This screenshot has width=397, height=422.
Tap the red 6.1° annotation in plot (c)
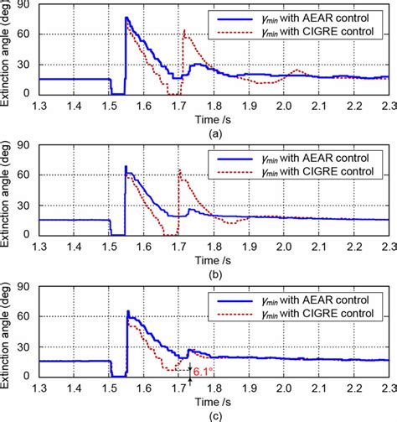(202, 370)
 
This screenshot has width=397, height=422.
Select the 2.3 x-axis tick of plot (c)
(388, 389)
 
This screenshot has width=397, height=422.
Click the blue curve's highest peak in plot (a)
(126, 18)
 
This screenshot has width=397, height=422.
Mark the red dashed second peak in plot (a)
(184, 32)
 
